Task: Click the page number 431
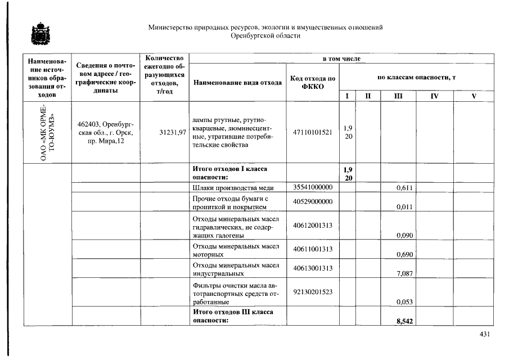485,334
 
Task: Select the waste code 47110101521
313,133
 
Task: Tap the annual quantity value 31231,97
173,133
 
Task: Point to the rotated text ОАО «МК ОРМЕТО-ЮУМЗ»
46,133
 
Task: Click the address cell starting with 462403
105,133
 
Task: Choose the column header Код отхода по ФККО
313,82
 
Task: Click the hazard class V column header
474,96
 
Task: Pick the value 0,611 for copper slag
405,188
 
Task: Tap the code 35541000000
313,187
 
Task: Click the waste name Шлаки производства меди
233,188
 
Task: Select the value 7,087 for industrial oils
405,274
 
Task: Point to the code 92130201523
313,291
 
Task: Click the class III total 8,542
405,321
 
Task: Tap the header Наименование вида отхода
237,83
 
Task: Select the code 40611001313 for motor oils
313,249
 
